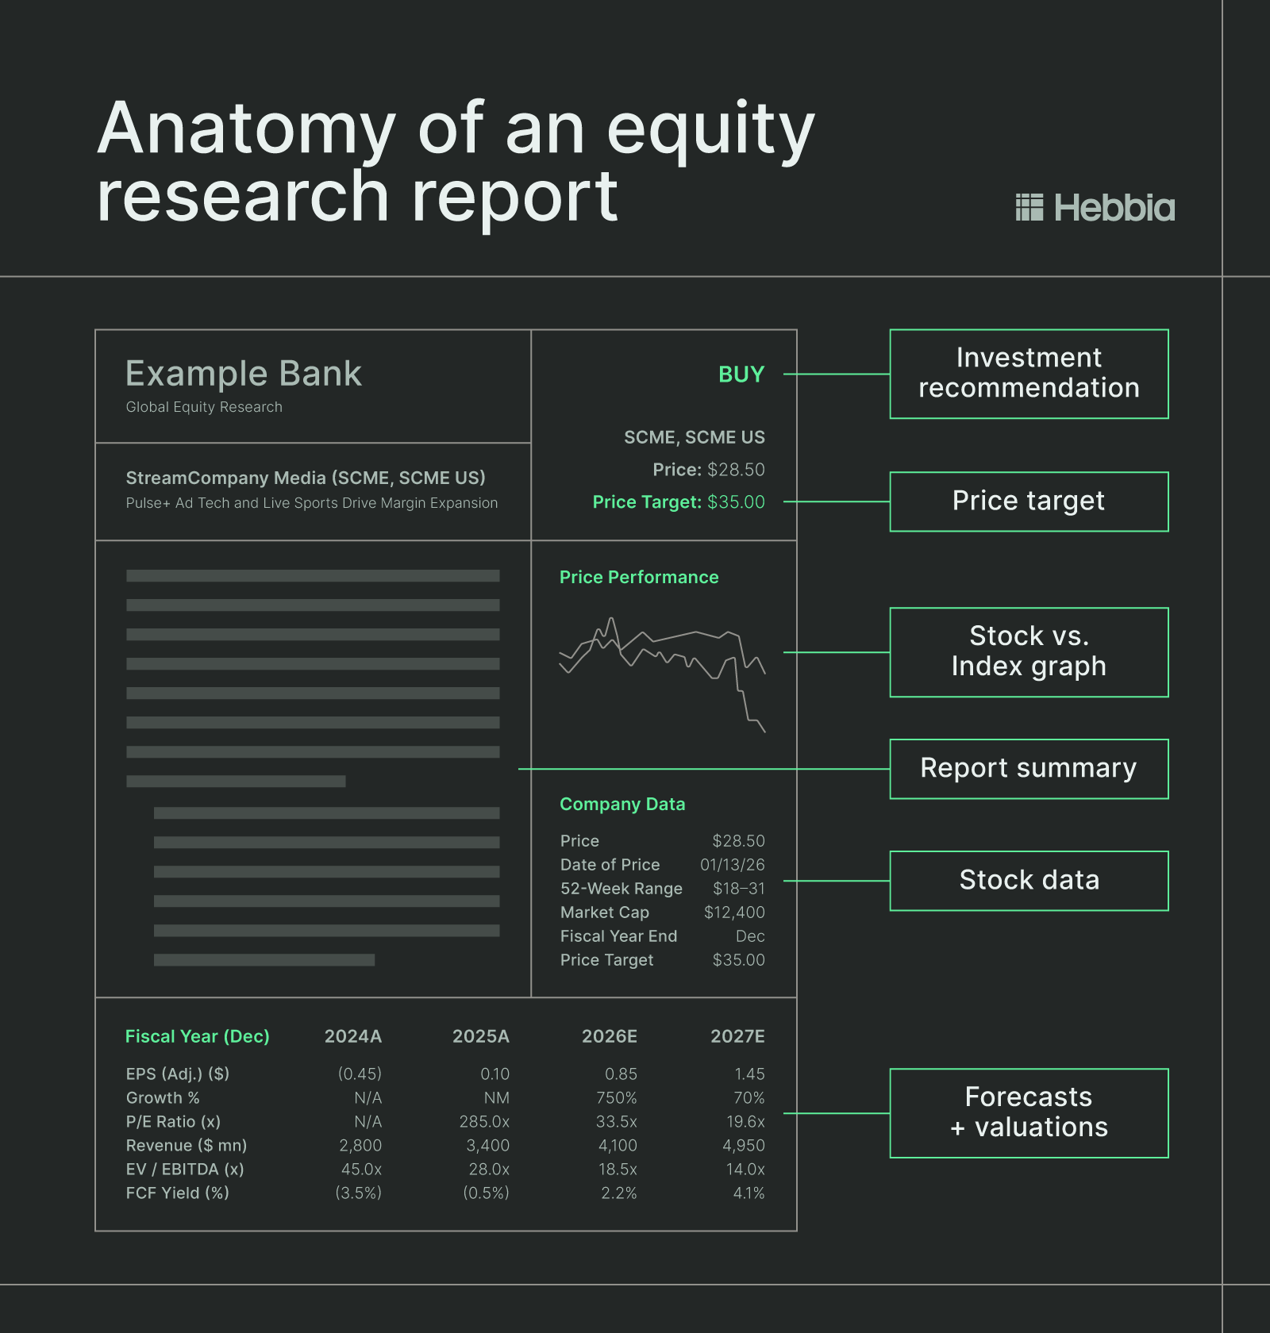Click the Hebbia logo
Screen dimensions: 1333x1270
(x=1095, y=208)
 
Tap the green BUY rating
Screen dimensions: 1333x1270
(x=741, y=375)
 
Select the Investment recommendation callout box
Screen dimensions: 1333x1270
(x=1029, y=374)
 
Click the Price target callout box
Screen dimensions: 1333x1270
(x=1029, y=501)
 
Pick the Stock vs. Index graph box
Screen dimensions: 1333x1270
(x=1029, y=652)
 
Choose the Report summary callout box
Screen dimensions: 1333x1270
(x=1029, y=769)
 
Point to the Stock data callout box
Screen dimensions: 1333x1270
(x=1029, y=881)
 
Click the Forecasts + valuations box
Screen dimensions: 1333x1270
(x=1029, y=1113)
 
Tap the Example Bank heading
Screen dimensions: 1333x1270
(x=244, y=374)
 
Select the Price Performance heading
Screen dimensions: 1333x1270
(x=639, y=578)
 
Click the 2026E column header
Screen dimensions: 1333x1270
(x=609, y=1036)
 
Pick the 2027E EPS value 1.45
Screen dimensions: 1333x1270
(x=749, y=1074)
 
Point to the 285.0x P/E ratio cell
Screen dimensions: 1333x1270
(x=484, y=1122)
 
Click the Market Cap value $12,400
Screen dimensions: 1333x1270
(x=734, y=912)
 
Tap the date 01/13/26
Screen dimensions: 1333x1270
(x=732, y=865)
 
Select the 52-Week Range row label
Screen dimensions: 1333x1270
(x=621, y=889)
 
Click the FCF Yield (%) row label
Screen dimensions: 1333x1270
(x=177, y=1193)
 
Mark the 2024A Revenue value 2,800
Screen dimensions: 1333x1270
(x=360, y=1146)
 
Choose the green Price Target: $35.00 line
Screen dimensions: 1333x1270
(x=679, y=502)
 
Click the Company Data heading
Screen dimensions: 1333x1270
(x=622, y=805)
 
